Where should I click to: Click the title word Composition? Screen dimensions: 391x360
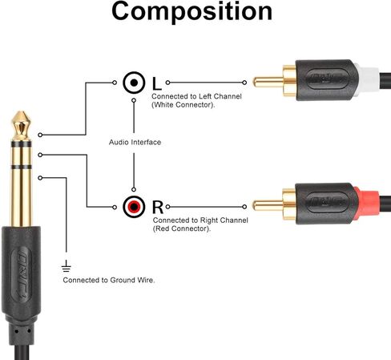tap(192, 11)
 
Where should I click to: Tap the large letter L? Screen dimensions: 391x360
tap(157, 83)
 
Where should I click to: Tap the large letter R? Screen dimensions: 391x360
tap(158, 207)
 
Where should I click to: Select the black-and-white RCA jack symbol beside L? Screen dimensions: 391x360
tap(134, 83)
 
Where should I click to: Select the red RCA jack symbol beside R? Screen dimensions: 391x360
tap(134, 207)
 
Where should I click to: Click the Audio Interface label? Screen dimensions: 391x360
tap(135, 142)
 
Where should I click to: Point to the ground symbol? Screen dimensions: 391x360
tap(66, 266)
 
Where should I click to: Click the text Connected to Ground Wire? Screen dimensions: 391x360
tap(109, 280)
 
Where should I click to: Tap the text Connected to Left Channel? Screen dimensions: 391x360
tap(196, 96)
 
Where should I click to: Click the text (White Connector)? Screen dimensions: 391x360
tap(183, 105)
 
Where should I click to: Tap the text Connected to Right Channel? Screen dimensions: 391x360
tap(200, 220)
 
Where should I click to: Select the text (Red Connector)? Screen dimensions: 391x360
tap(182, 229)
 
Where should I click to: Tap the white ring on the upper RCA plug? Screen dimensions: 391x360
tap(368, 79)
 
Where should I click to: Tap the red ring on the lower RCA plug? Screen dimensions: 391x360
tap(367, 203)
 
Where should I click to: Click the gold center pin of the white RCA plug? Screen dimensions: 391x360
tap(268, 82)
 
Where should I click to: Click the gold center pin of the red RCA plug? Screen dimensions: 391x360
tap(268, 205)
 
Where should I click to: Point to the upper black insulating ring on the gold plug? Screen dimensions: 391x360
tap(21, 144)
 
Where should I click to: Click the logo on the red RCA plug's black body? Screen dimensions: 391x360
tap(328, 202)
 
